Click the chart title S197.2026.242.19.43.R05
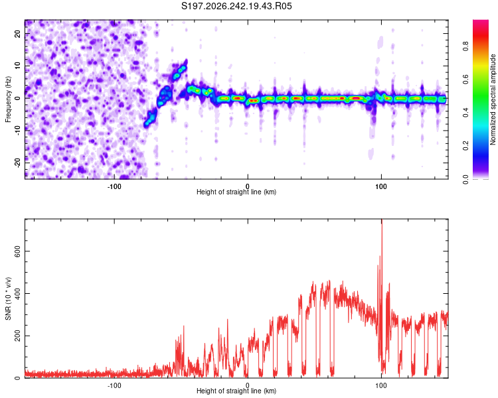pyautogui.click(x=236, y=6)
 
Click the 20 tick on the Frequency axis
pyautogui.click(x=18, y=33)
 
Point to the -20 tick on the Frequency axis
pyautogui.click(x=18, y=163)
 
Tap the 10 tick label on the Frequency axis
pyautogui.click(x=18, y=66)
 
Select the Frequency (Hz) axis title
pyautogui.click(x=8, y=99)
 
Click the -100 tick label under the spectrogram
pyautogui.click(x=114, y=186)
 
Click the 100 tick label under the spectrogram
pyautogui.click(x=381, y=186)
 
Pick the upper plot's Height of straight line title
pyautogui.click(x=236, y=192)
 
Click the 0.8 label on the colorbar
pyautogui.click(x=466, y=46)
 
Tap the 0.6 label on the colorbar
pyautogui.click(x=466, y=80)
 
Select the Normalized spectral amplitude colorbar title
pyautogui.click(x=493, y=99)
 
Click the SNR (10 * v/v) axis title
pyautogui.click(x=8, y=298)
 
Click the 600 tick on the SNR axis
pyautogui.click(x=18, y=251)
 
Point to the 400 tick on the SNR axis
pyautogui.click(x=18, y=293)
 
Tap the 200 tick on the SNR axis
pyautogui.click(x=18, y=336)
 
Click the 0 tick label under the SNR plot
pyautogui.click(x=248, y=385)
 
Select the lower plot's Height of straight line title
pyautogui.click(x=236, y=391)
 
